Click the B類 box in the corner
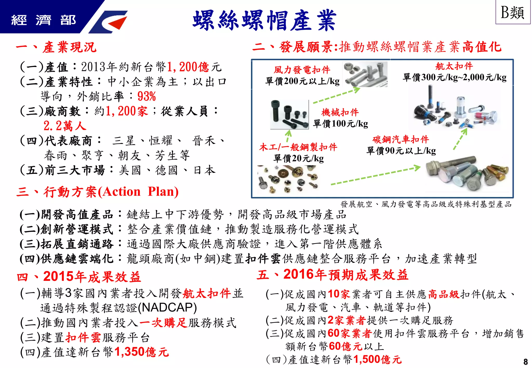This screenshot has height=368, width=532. tap(513, 12)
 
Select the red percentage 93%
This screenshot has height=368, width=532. tap(147, 97)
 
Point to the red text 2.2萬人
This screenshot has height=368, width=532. tap(65, 126)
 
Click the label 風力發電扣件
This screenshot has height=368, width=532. tap(302, 70)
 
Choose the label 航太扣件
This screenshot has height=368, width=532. tap(454, 66)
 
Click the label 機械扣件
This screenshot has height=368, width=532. tap(340, 112)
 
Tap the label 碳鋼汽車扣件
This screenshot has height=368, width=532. tap(401, 140)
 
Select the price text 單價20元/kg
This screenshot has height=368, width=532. tap(298, 158)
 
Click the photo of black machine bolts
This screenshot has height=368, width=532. tap(289, 114)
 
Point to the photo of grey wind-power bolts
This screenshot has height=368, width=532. tap(365, 74)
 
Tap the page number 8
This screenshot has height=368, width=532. tap(526, 362)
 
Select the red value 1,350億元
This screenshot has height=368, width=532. tap(142, 352)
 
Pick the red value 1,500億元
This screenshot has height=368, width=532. tap(377, 359)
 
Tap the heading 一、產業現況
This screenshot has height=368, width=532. tap(56, 47)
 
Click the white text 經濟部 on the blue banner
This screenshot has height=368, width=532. tap(43, 20)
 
